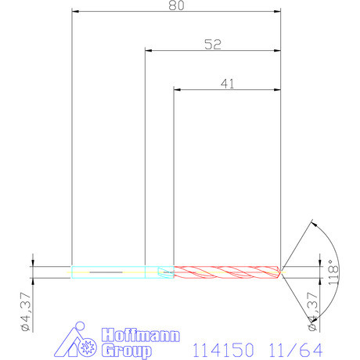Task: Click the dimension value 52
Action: point(212,45)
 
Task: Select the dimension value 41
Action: point(228,84)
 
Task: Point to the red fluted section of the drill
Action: point(227,272)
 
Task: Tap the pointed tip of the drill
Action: point(282,272)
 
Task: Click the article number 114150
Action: point(221,347)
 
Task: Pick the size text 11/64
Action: point(298,347)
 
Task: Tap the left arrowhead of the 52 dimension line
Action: point(149,51)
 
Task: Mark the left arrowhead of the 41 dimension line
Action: point(177,90)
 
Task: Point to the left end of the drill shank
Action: point(72,272)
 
